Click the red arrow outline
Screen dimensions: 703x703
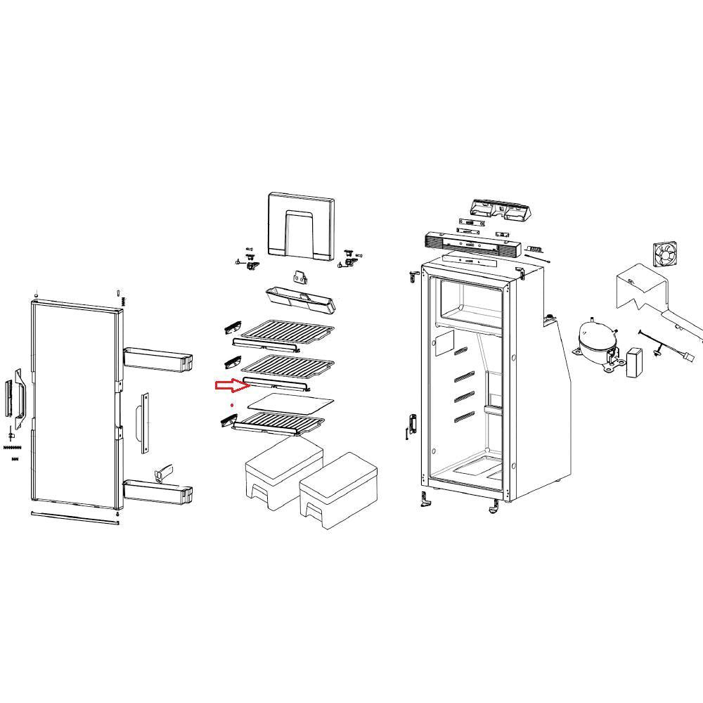pos(229,385)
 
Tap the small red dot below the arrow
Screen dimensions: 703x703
pos(232,406)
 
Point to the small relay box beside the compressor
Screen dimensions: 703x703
pos(636,362)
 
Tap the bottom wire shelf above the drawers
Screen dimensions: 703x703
pos(280,423)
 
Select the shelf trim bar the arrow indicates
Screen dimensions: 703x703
pos(277,384)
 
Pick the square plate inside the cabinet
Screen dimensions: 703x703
pos(444,343)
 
